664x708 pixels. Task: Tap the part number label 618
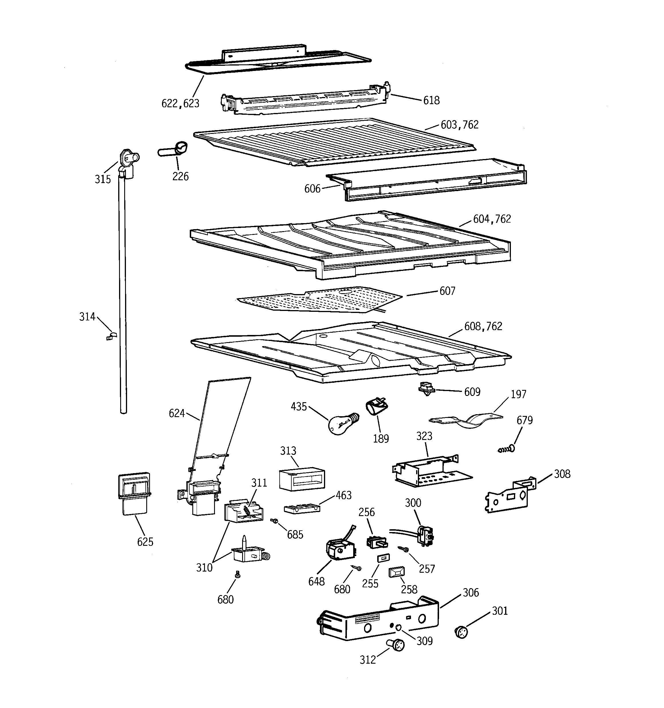pos(431,100)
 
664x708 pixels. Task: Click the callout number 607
pos(447,291)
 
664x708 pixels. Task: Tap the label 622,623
pos(180,103)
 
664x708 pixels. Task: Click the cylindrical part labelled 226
pos(173,150)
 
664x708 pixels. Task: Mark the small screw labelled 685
pos(274,521)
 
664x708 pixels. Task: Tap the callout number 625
pos(145,542)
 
